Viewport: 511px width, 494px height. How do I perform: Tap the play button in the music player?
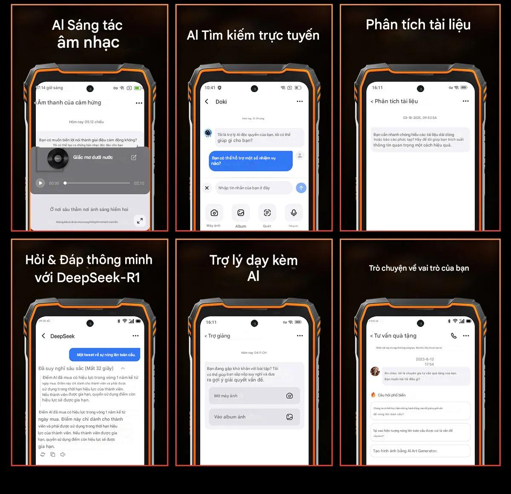pyautogui.click(x=40, y=183)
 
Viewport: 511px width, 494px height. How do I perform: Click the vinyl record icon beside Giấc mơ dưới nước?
pyautogui.click(x=57, y=159)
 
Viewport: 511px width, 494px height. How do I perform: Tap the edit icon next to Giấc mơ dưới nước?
pyautogui.click(x=134, y=157)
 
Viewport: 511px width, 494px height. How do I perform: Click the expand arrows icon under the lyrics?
pyautogui.click(x=140, y=220)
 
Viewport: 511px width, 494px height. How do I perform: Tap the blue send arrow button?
pyautogui.click(x=301, y=188)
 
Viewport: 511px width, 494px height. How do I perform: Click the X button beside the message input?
pyautogui.click(x=207, y=188)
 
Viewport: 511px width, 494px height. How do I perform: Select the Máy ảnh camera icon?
pyautogui.click(x=214, y=213)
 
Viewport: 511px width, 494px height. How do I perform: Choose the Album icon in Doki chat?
pyautogui.click(x=241, y=213)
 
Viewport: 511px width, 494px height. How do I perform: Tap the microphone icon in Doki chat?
pyautogui.click(x=293, y=213)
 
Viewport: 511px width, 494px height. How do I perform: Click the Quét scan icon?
pyautogui.click(x=267, y=213)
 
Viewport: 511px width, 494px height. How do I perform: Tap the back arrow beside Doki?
pyautogui.click(x=207, y=101)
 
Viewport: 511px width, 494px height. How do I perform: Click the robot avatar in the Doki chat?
pyautogui.click(x=208, y=133)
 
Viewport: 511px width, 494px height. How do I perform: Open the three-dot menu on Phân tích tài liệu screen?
pyautogui.click(x=465, y=101)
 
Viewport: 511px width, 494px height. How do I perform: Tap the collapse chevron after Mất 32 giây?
pyautogui.click(x=123, y=368)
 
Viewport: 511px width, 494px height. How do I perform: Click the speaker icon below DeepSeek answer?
pyautogui.click(x=63, y=454)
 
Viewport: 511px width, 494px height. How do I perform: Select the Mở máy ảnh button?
pyautogui.click(x=254, y=396)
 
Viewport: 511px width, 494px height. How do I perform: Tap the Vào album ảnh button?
pyautogui.click(x=254, y=417)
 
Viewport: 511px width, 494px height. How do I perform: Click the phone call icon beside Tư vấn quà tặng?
pyautogui.click(x=454, y=336)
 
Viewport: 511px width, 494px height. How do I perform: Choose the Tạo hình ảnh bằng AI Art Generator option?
pyautogui.click(x=420, y=451)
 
